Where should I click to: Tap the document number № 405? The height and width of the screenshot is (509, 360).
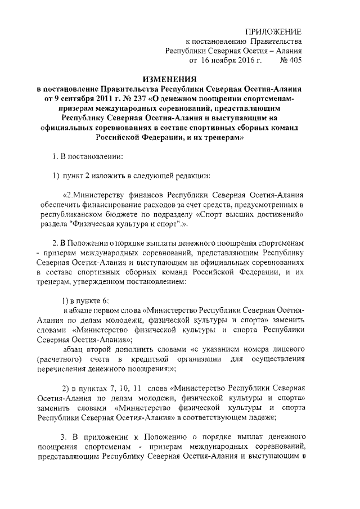[x=291, y=60]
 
